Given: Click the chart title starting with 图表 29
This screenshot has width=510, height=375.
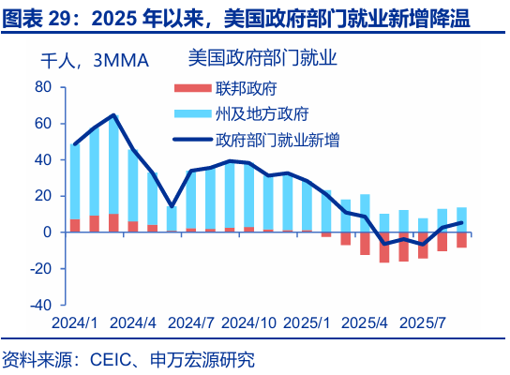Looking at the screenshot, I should [x=235, y=17].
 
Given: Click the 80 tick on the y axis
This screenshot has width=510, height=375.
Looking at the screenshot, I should [x=42, y=87].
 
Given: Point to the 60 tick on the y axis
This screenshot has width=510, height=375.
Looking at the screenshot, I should [x=42, y=124].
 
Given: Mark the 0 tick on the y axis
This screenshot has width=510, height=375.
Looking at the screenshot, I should [x=47, y=232].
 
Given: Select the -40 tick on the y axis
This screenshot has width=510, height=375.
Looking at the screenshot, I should [x=39, y=306].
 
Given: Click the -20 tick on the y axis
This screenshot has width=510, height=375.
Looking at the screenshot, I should [x=39, y=269].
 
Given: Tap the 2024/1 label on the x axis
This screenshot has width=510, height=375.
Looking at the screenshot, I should [x=75, y=323].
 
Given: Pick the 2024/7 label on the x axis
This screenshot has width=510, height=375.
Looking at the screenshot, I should [x=191, y=323].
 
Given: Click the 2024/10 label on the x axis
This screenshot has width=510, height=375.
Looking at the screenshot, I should [x=251, y=323].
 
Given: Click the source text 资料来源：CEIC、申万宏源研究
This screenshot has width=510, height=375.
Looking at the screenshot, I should [x=128, y=360].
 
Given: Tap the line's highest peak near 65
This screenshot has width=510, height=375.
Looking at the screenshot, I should [x=113, y=115].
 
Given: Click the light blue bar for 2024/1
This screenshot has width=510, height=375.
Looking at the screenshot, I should [x=75, y=182].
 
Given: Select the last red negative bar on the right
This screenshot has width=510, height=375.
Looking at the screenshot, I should [x=461, y=240].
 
